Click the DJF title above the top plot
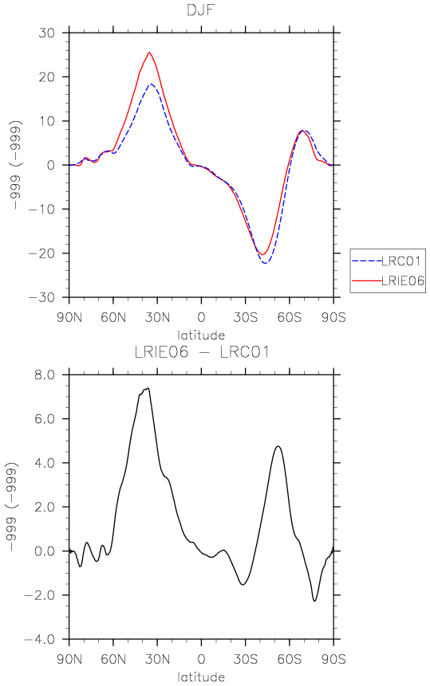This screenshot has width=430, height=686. [x=201, y=10]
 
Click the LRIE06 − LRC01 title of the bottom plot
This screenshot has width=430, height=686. [x=201, y=352]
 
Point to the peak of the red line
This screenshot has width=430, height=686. [x=149, y=53]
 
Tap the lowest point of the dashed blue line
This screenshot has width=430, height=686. [x=266, y=263]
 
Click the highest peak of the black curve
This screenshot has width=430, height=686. [x=149, y=388]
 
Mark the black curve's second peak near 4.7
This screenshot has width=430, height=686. [x=278, y=446]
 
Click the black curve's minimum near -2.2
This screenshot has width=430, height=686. [x=314, y=601]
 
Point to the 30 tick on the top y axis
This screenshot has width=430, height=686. [x=46, y=33]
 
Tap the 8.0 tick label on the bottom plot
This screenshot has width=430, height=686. [x=45, y=375]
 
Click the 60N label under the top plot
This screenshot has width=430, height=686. [x=113, y=317]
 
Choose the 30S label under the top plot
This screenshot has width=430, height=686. [x=245, y=317]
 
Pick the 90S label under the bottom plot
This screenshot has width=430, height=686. [x=333, y=659]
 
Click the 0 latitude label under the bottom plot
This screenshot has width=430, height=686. [x=201, y=659]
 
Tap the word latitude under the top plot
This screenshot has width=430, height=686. [x=201, y=335]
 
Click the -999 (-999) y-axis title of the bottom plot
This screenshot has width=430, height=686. [x=13, y=507]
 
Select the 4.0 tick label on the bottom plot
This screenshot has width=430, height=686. [x=45, y=463]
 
